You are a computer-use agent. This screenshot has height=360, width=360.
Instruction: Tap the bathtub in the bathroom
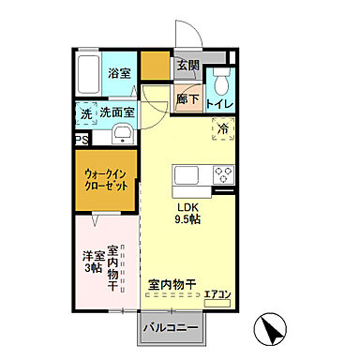tap(89, 72)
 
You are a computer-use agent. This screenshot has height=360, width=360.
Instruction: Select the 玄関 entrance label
tap(187, 67)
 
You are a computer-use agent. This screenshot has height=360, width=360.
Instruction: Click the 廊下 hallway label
tap(187, 98)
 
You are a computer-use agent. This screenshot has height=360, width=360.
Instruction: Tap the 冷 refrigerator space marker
tap(224, 128)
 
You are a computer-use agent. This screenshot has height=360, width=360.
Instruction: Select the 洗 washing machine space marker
tap(85, 112)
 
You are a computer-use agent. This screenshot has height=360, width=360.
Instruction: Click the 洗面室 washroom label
tap(117, 112)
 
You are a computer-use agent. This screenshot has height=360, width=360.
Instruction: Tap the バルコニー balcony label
tap(172, 328)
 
